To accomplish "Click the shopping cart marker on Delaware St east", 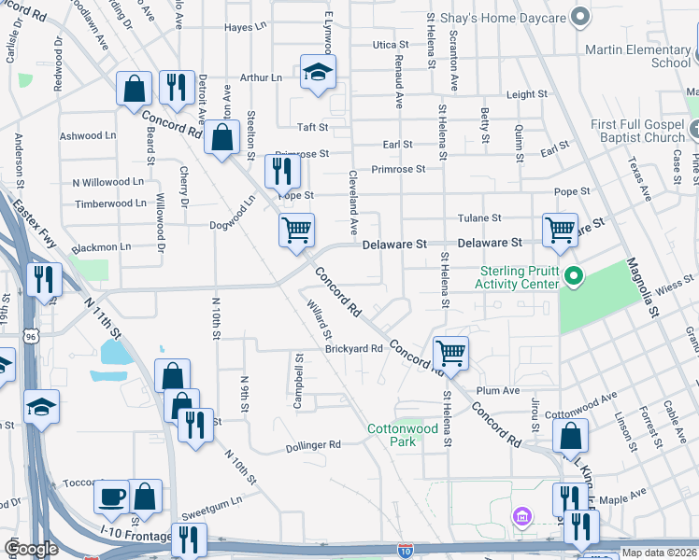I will [x=560, y=230].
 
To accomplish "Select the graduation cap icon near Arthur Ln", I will [x=318, y=71].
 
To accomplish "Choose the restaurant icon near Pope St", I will [x=281, y=171].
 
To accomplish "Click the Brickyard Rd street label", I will [x=354, y=349].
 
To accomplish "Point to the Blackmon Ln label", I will [x=101, y=247].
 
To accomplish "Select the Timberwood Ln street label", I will [x=110, y=203].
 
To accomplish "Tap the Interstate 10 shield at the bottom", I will [x=405, y=551].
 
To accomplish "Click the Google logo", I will [x=31, y=549].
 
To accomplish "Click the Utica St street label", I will [x=391, y=45].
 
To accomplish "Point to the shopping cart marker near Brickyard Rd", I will [x=450, y=352].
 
